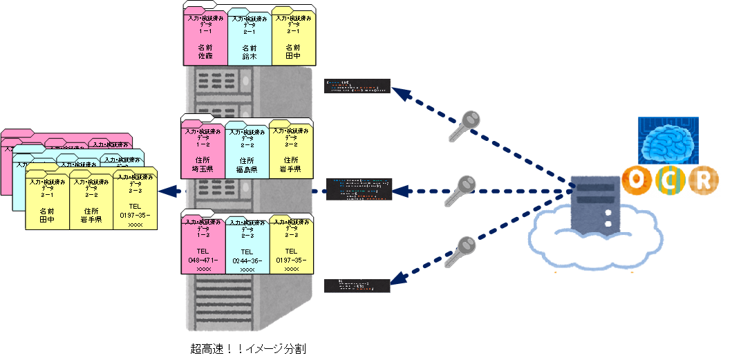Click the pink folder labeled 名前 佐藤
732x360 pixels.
(x=205, y=39)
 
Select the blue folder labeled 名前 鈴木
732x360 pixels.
(x=249, y=39)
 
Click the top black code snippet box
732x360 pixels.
(x=357, y=86)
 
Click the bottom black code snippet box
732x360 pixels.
(x=357, y=285)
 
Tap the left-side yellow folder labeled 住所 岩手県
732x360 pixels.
(x=91, y=201)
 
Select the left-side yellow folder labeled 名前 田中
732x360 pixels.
(x=47, y=201)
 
